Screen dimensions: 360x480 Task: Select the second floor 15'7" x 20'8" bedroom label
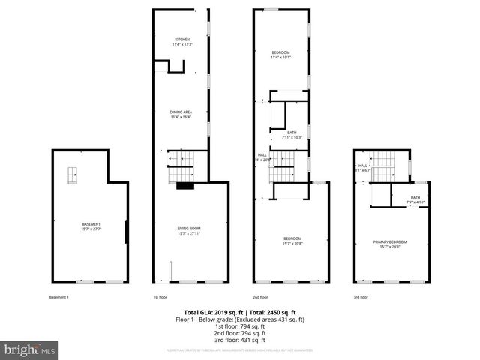click(292, 241)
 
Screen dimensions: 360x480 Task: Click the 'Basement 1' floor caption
click(59, 298)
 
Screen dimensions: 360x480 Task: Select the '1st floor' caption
click(160, 298)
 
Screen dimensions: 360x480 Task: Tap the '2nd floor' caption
click(259, 298)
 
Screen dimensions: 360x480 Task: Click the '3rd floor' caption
click(361, 298)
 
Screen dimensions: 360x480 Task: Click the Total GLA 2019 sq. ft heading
click(240, 312)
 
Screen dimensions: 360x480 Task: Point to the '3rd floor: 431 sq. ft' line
click(240, 340)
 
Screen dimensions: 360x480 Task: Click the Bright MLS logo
click(31, 349)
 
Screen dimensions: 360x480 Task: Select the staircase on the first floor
click(180, 165)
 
